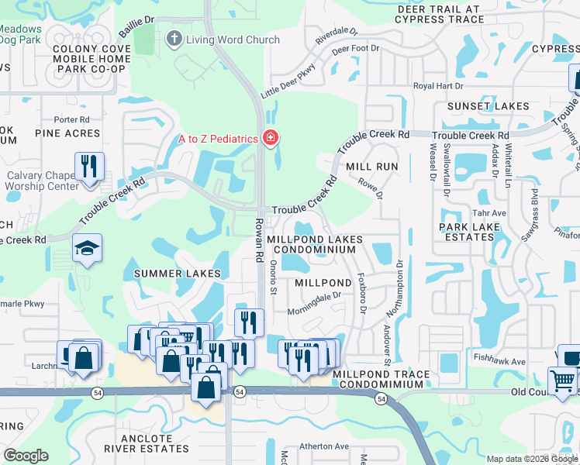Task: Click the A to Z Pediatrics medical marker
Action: click(x=271, y=138)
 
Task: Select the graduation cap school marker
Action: click(x=87, y=249)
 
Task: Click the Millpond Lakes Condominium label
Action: click(x=313, y=245)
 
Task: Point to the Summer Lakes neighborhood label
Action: click(x=178, y=274)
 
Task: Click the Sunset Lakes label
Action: click(x=488, y=106)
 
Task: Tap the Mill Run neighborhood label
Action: click(x=371, y=167)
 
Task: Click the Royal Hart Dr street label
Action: click(x=438, y=86)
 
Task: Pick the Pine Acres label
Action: click(x=67, y=133)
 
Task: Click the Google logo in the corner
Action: click(x=26, y=456)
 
